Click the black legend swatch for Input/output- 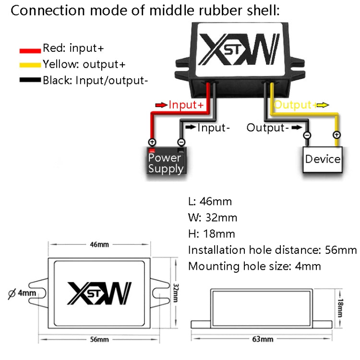(30, 80)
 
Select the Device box (323, 159)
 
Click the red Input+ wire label (186, 104)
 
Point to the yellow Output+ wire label (294, 105)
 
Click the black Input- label (214, 128)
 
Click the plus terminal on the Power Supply (152, 142)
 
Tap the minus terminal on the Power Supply (181, 142)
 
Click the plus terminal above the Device (337, 135)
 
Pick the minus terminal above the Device (307, 135)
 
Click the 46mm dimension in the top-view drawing (99, 244)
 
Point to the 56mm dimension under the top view (99, 339)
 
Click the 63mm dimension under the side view (262, 339)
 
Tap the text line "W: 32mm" (212, 217)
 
